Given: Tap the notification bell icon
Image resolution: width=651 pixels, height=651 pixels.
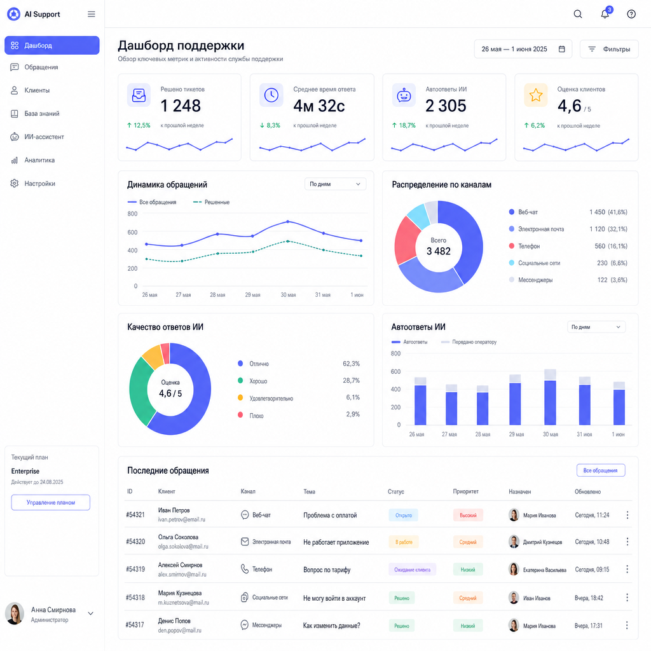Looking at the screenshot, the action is (605, 14).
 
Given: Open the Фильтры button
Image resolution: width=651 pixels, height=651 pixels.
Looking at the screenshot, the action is (609, 49).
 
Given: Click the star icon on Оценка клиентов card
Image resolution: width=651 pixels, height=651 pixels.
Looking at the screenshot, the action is (535, 95).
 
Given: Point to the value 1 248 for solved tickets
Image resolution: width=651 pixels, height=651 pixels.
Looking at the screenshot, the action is (181, 106).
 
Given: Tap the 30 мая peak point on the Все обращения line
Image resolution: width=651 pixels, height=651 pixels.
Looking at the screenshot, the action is (288, 222).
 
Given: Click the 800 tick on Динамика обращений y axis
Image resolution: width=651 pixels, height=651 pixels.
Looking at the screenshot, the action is (132, 214).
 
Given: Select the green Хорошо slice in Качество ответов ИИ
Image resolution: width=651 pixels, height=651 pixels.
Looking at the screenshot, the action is (140, 390).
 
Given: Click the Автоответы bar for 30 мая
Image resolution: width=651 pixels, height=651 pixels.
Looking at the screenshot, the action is (550, 402).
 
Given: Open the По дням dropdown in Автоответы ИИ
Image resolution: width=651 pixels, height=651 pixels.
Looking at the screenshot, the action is (596, 327).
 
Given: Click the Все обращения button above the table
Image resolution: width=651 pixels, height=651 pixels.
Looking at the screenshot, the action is (601, 470).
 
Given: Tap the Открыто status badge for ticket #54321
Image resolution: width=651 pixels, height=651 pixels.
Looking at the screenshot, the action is (404, 515).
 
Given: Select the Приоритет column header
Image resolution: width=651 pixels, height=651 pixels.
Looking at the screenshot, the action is (465, 491).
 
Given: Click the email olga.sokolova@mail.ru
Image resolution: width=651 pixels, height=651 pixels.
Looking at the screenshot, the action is (183, 547).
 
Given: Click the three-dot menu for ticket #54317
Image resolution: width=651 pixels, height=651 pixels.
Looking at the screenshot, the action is (627, 626).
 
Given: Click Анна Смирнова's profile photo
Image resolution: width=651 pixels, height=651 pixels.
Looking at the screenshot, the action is (15, 613).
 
